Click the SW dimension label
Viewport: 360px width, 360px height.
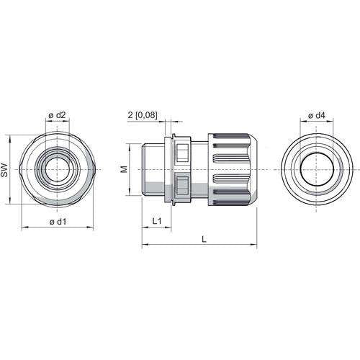click(4, 170)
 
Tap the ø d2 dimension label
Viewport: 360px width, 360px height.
click(57, 115)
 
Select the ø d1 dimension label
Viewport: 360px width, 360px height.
click(58, 222)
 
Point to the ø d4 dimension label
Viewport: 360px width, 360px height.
click(317, 116)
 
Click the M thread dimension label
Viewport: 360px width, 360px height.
click(124, 169)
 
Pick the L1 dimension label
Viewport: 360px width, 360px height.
click(157, 221)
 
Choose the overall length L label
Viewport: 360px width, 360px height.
click(204, 239)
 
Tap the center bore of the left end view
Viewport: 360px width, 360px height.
click(57, 169)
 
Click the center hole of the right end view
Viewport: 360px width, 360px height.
click(317, 170)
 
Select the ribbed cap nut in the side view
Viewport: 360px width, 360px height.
click(233, 169)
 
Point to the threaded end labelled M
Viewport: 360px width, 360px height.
click(153, 169)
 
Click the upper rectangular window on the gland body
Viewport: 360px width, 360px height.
click(182, 153)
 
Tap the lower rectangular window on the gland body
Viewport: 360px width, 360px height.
click(182, 185)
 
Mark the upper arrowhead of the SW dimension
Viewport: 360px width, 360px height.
click(10, 138)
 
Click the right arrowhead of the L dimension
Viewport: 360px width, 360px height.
click(254, 245)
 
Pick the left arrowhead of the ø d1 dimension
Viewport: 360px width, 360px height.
click(24, 227)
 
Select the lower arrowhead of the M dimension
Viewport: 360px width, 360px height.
click(130, 193)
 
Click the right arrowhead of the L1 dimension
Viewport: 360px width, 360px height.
click(168, 227)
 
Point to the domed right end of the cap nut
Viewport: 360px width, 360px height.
click(253, 169)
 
